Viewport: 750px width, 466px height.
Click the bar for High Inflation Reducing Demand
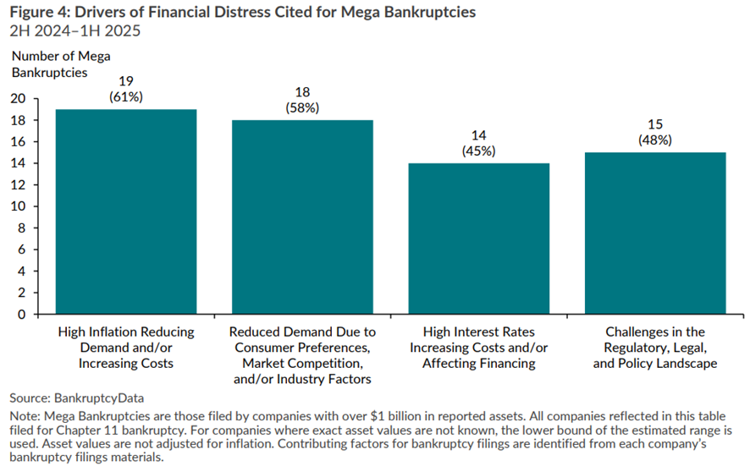[x=126, y=211]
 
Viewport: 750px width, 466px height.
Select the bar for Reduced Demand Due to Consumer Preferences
[x=303, y=217]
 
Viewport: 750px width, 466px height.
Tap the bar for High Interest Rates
[x=479, y=238]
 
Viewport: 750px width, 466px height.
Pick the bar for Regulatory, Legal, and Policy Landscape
[x=655, y=233]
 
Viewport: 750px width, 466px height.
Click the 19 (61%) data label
[x=126, y=89]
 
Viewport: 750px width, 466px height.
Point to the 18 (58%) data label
[x=303, y=100]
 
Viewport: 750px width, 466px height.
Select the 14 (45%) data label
[x=479, y=143]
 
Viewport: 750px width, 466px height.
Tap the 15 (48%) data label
[x=655, y=132]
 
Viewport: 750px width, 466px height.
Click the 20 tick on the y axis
[x=18, y=98]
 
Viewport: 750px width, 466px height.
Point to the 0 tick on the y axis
[x=22, y=314]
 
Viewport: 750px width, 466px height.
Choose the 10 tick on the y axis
[x=18, y=206]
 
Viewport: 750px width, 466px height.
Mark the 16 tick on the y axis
[x=18, y=141]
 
